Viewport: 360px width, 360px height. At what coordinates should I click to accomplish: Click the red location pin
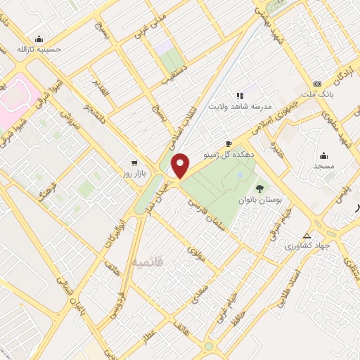tap(181, 165)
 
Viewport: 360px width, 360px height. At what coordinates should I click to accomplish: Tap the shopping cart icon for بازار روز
tap(134, 162)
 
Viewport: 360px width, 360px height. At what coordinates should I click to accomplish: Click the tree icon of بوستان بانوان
tap(260, 188)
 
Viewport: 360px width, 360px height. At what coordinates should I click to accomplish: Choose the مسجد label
tap(324, 166)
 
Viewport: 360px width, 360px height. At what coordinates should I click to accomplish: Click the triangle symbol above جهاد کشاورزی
tap(306, 236)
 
